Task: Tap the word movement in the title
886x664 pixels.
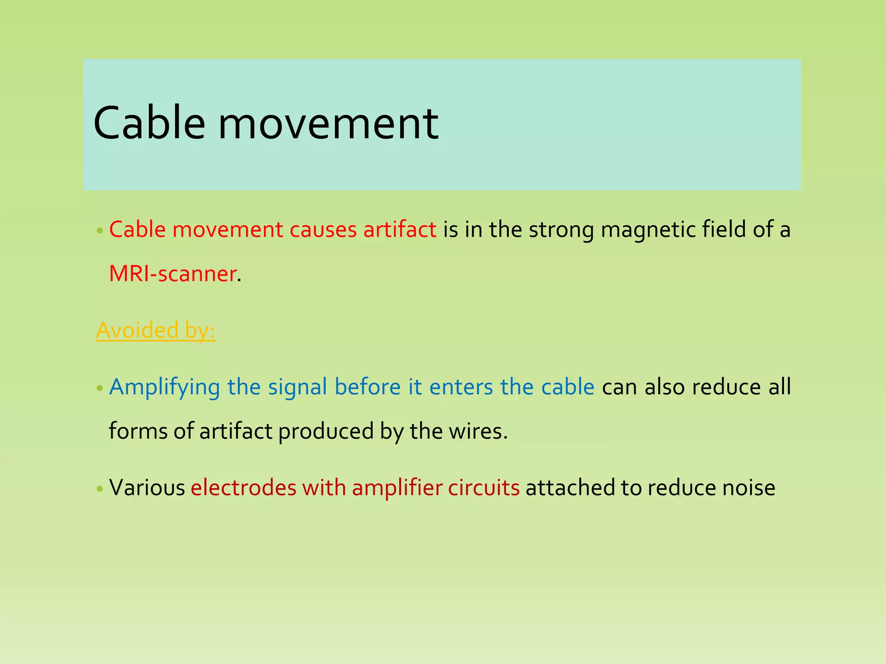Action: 328,124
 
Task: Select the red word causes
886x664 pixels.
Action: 323,230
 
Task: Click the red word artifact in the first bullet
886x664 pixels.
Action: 400,230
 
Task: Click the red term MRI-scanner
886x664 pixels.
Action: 173,274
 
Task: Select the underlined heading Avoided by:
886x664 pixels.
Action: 155,330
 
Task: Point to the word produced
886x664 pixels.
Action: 325,431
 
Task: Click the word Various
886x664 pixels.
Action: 147,488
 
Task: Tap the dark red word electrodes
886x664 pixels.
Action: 244,488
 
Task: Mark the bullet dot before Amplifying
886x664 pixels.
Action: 100,388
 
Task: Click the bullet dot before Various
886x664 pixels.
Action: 100,489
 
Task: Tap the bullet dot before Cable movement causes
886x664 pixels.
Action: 100,231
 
